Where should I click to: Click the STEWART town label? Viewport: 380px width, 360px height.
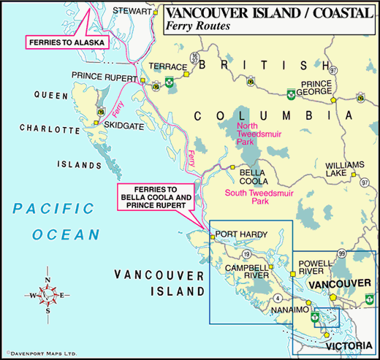click(132, 11)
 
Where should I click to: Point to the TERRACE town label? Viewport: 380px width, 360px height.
click(163, 66)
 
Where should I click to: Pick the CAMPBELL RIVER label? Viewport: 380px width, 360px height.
click(246, 271)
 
